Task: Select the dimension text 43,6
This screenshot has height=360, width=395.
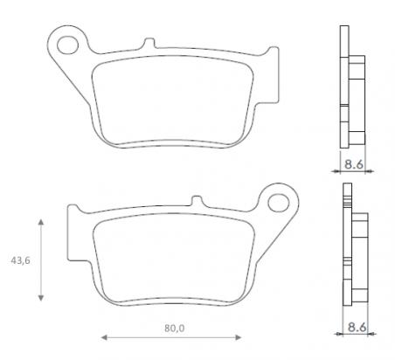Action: [17, 261]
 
